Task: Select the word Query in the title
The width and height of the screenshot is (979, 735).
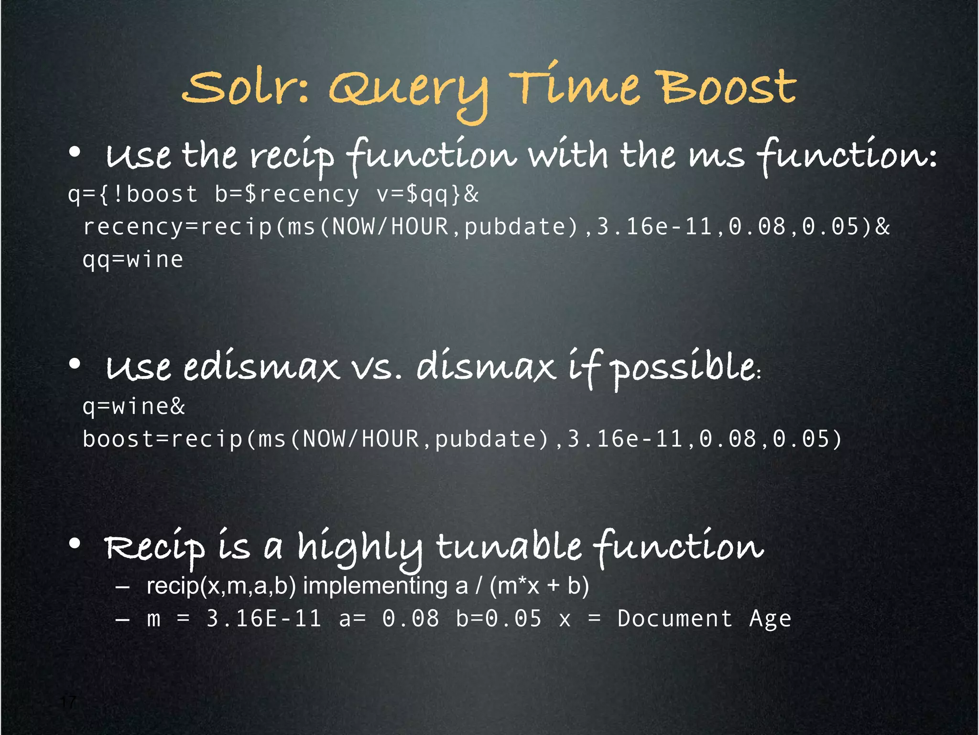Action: (x=409, y=91)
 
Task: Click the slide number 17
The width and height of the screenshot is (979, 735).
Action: (x=68, y=702)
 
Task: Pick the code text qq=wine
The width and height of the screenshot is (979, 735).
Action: (x=133, y=260)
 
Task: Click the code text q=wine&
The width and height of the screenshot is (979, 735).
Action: (x=133, y=407)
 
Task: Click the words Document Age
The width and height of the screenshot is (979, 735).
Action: (x=704, y=619)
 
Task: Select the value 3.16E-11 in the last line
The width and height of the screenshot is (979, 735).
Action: (x=263, y=619)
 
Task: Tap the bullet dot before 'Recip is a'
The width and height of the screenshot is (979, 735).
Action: (x=75, y=544)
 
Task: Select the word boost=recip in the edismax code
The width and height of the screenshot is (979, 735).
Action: (x=163, y=439)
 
